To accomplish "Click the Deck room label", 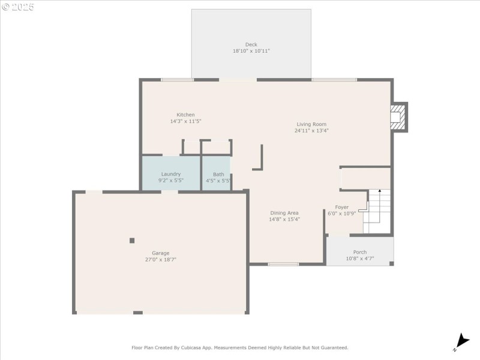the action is pos(251,44).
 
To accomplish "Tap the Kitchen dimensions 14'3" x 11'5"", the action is pos(185,121).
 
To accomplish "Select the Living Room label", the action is pos(311,124).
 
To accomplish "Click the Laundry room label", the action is pos(171,174).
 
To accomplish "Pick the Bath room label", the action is pos(218,174).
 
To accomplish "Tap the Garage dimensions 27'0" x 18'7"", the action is pos(160,260).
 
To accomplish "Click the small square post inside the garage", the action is pos(132,241).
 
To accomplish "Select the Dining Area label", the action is pos(284,213).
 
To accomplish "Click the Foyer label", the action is pos(341,207).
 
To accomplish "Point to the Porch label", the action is pos(359,252).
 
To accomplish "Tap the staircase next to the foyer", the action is pos(377,211).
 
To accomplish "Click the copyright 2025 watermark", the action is pos(18,7).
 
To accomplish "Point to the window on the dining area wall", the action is pos(283,264).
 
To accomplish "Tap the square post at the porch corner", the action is pos(391,263).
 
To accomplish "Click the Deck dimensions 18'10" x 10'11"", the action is pos(251,51).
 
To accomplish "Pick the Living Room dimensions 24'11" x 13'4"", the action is pos(311,131).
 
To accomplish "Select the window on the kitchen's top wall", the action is pos(178,80).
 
